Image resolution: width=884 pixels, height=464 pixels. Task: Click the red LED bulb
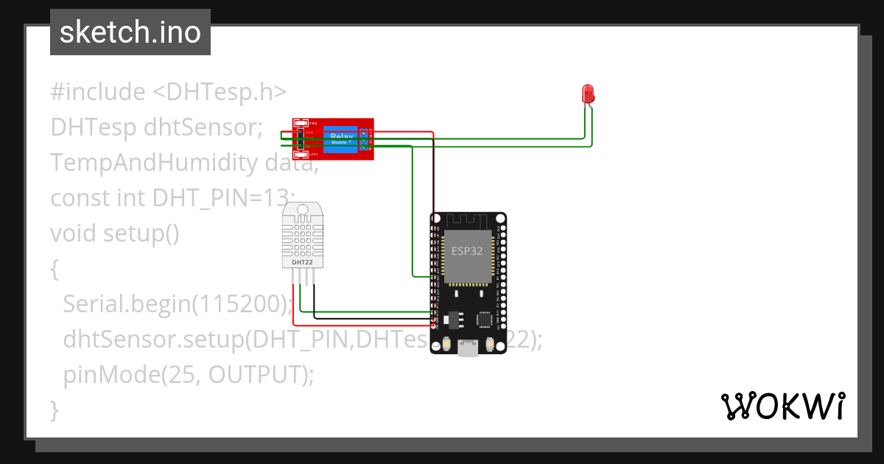tap(588, 94)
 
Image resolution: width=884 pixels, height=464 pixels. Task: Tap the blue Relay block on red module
tap(341, 138)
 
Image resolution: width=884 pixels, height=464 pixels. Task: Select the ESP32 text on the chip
tap(467, 250)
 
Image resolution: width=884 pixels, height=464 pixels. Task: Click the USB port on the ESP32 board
tap(468, 348)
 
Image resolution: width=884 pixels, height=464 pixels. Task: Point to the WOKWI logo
tap(782, 406)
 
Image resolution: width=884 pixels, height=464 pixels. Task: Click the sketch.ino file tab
tap(130, 32)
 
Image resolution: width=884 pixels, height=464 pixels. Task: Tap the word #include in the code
tap(98, 92)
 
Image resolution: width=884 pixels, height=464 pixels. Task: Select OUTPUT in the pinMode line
tap(256, 374)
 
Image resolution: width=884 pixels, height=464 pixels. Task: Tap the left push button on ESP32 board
tap(447, 345)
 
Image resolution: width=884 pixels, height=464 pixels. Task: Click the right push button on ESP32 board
tap(489, 345)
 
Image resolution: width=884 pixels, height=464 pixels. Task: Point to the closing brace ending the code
tap(54, 409)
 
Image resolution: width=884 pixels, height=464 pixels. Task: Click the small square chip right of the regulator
tap(484, 320)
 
